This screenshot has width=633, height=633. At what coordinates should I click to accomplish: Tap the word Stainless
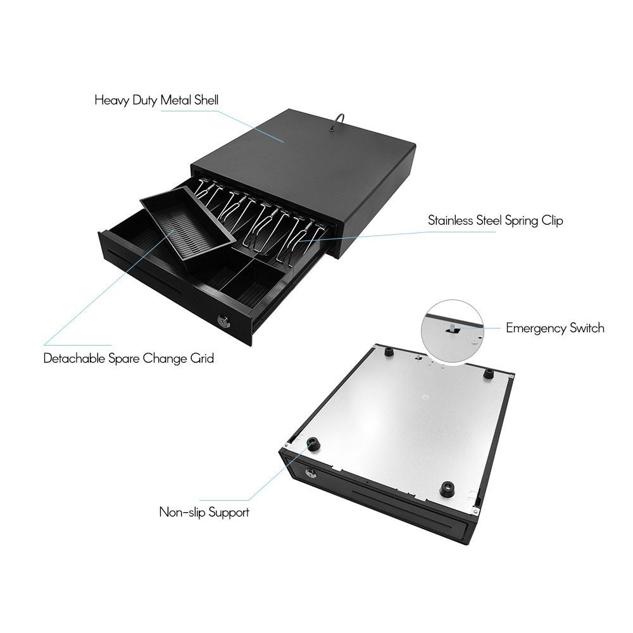coord(453,221)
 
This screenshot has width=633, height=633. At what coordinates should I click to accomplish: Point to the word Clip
coord(551,221)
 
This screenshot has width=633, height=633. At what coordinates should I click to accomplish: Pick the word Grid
coord(202,358)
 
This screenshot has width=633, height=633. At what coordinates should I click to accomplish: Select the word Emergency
coord(533,328)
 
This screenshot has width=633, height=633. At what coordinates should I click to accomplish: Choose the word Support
coord(227,512)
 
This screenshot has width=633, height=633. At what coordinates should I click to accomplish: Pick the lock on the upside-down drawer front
coord(311,473)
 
